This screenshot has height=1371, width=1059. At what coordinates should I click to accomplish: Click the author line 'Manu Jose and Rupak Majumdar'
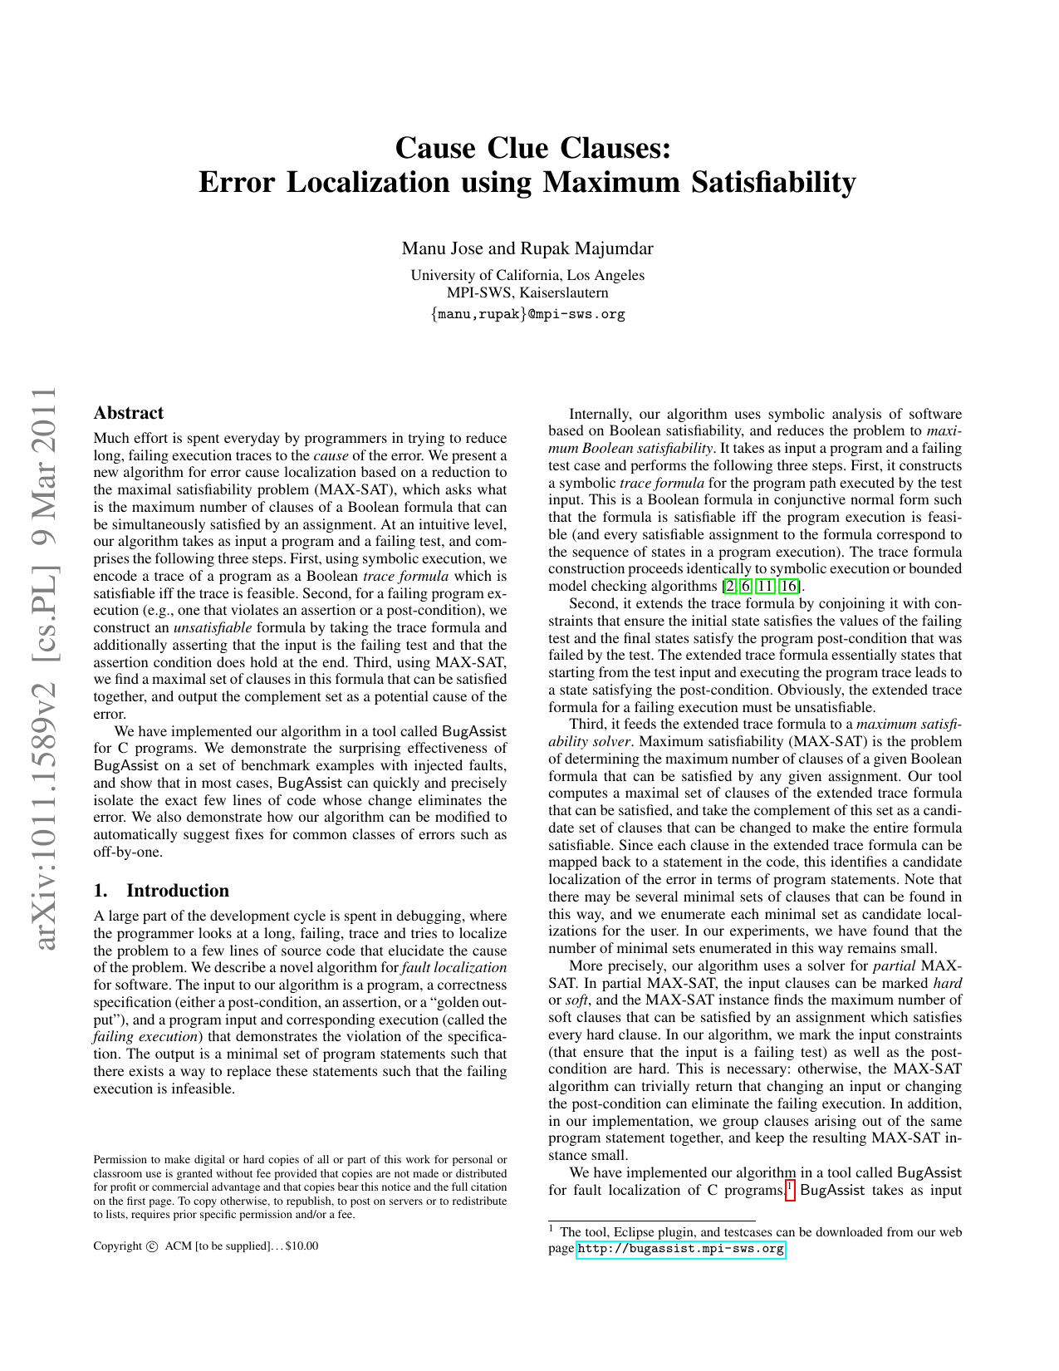point(527,248)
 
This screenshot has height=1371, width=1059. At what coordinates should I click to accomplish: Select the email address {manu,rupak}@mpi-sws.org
point(527,314)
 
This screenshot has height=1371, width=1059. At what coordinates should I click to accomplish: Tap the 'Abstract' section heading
point(128,413)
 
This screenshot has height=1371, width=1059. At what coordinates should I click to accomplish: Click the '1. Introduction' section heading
point(161,891)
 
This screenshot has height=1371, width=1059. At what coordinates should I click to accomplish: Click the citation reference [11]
point(765,587)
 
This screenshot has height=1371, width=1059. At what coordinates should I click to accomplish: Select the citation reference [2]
point(729,587)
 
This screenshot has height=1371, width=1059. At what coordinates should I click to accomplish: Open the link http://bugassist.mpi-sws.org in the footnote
point(679,1249)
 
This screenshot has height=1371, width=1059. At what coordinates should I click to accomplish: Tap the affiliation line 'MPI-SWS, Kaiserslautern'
point(527,292)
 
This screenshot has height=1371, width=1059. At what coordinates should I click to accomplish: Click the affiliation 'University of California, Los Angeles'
point(527,275)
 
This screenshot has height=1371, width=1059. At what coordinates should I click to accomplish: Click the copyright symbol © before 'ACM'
point(151,1246)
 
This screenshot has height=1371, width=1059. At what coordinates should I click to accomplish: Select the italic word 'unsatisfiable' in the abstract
point(212,628)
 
